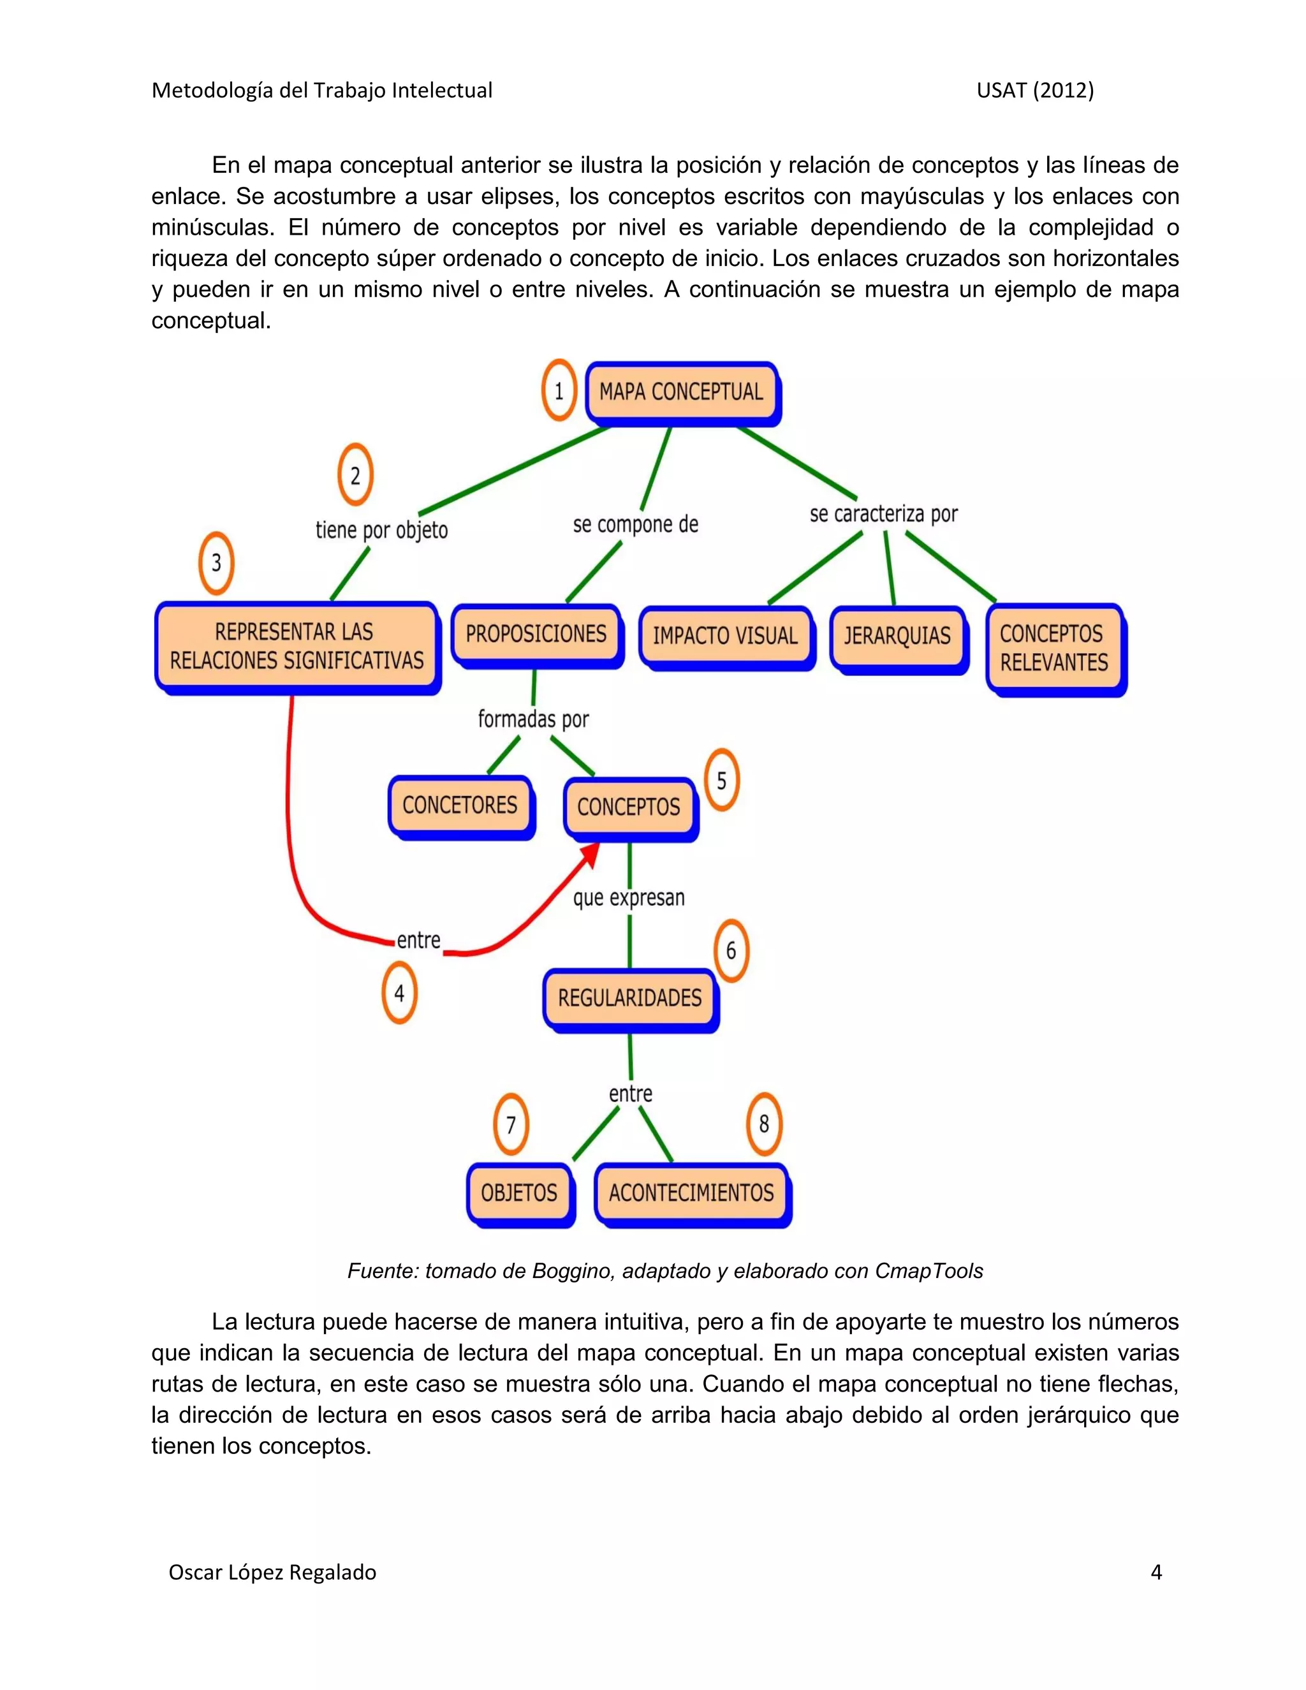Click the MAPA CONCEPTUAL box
point(682,392)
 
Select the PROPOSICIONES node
point(536,635)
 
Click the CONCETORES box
point(460,805)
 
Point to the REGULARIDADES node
point(630,998)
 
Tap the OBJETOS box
point(519,1193)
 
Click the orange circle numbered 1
point(559,391)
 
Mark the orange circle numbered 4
point(399,993)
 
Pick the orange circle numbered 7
point(511,1124)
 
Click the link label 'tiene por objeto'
point(381,531)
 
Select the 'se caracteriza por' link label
point(884,515)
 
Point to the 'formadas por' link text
point(533,719)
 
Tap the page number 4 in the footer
point(1156,1573)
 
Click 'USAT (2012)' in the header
point(1034,91)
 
